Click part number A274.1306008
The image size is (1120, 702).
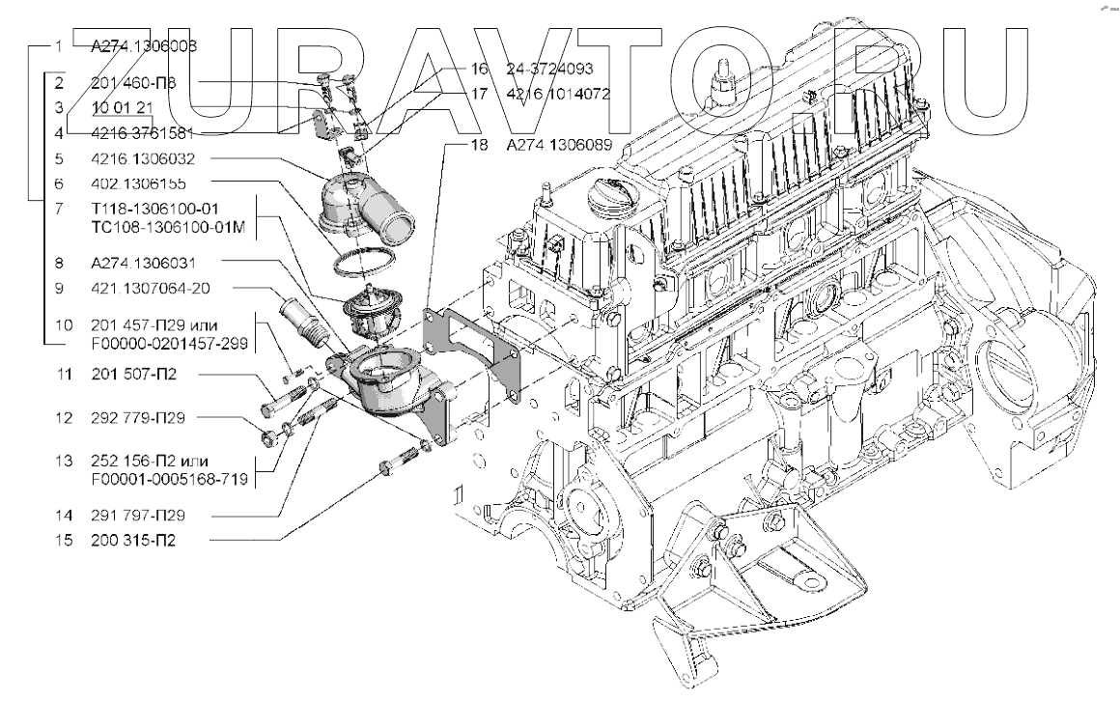point(145,44)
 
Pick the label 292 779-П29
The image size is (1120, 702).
point(143,418)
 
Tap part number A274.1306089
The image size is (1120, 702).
point(560,145)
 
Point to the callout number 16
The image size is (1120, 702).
point(481,70)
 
